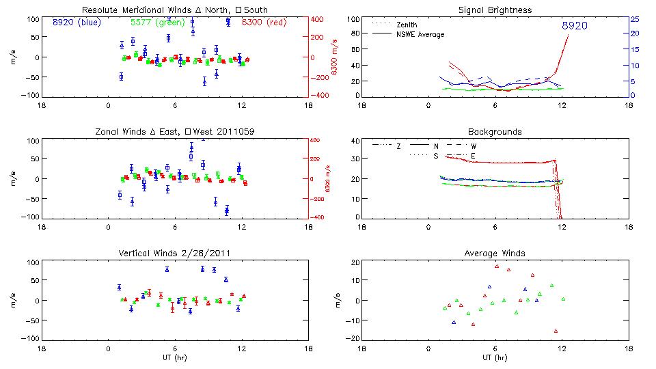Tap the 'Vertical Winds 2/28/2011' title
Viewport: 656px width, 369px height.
point(174,254)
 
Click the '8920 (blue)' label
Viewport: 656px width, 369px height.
point(76,23)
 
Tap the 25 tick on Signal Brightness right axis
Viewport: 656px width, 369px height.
point(634,19)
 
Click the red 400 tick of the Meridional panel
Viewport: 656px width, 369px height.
point(318,19)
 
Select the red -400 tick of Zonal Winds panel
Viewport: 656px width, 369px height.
point(316,217)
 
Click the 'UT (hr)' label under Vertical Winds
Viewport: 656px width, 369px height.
point(174,357)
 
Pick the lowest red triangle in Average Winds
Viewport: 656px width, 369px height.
point(556,331)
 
